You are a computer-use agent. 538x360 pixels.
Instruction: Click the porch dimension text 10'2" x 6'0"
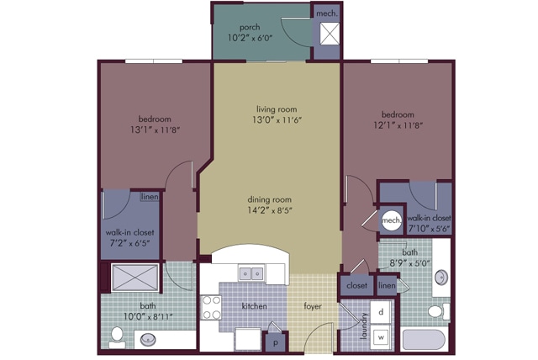[250, 37]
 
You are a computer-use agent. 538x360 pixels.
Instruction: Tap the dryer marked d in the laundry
[381, 312]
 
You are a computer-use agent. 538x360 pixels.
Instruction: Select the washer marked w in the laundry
[381, 337]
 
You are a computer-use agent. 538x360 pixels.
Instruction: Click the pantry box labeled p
[276, 341]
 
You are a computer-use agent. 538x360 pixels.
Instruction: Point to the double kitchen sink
[251, 273]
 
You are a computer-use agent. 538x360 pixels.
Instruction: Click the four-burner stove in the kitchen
[211, 308]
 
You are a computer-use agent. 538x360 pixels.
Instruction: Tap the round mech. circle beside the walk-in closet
[391, 220]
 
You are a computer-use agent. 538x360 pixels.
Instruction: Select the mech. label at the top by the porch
[327, 13]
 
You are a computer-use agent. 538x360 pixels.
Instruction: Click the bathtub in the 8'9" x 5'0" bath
[424, 339]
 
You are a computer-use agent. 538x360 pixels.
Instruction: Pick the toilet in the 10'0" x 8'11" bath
[117, 336]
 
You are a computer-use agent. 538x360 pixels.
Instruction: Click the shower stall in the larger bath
[134, 278]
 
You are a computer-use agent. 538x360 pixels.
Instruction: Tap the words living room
[277, 109]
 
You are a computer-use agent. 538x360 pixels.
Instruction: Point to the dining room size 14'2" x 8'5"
[270, 210]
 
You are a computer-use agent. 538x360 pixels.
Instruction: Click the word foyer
[313, 306]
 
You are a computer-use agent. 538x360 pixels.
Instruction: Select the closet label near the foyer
[356, 285]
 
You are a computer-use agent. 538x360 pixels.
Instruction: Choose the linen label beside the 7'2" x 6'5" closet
[150, 197]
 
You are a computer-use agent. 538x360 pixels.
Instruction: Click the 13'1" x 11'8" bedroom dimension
[155, 130]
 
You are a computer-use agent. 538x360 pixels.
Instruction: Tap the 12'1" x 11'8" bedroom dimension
[398, 125]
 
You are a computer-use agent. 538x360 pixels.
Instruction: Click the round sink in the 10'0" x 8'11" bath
[148, 340]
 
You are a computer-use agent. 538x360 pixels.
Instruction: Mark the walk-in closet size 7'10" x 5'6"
[429, 229]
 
